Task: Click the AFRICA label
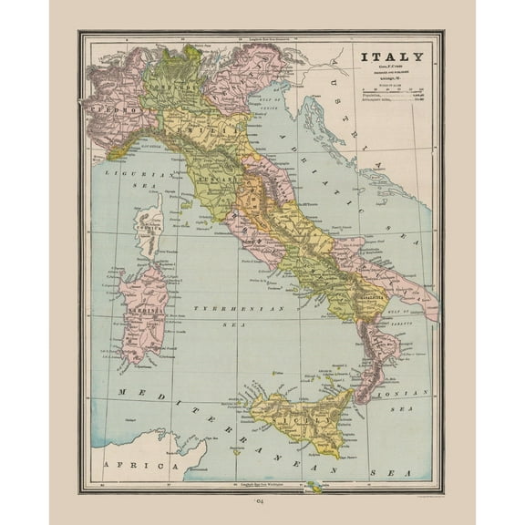125,465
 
